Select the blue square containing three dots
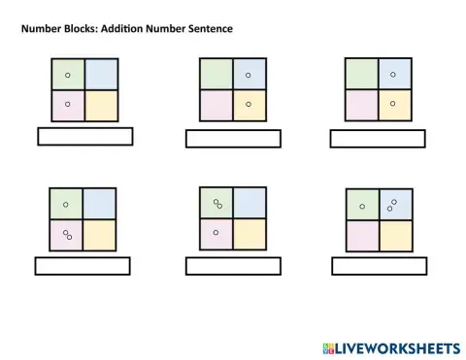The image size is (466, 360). pyautogui.click(x=392, y=205)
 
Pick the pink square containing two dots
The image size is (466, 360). pyautogui.click(x=67, y=235)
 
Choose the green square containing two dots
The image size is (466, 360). pyautogui.click(x=216, y=204)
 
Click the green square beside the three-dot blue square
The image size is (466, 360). pyautogui.click(x=361, y=205)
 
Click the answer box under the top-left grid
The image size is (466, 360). pyautogui.click(x=84, y=136)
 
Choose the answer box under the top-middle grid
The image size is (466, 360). pyautogui.click(x=232, y=139)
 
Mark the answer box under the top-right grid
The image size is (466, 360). pyautogui.click(x=377, y=139)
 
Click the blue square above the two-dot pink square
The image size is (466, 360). pyautogui.click(x=98, y=204)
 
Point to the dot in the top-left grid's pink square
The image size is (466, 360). pyautogui.click(x=67, y=103)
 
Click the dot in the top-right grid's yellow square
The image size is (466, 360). pyautogui.click(x=392, y=103)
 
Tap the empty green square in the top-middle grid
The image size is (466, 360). pyautogui.click(x=216, y=74)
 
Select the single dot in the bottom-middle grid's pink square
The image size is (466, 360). pyautogui.click(x=215, y=233)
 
